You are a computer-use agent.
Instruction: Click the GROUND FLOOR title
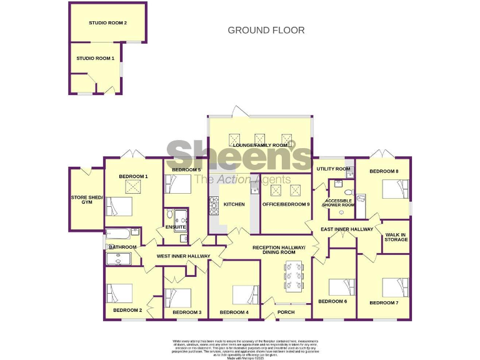click(x=266, y=30)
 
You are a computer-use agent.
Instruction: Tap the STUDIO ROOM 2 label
click(x=107, y=23)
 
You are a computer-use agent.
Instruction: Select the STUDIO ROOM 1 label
click(x=95, y=58)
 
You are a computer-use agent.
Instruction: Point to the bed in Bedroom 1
click(x=119, y=206)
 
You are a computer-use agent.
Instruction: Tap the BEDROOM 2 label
click(x=127, y=310)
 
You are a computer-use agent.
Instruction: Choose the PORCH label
click(x=286, y=312)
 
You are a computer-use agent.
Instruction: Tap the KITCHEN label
click(x=234, y=204)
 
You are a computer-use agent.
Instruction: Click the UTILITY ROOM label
click(x=333, y=169)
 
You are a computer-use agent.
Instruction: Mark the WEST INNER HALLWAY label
click(x=183, y=256)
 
